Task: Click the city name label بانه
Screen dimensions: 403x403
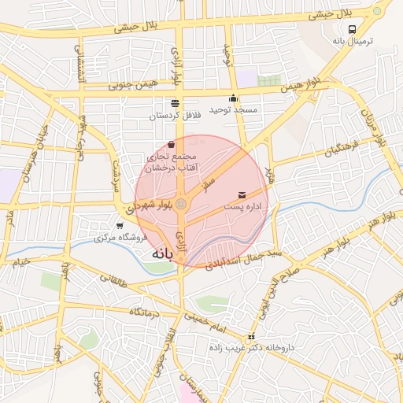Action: point(161,255)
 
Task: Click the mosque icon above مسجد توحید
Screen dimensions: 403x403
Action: point(233,98)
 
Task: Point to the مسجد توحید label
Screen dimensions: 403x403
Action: point(233,110)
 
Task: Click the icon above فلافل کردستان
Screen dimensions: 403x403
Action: point(175,103)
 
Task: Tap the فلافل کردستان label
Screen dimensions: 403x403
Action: point(176,116)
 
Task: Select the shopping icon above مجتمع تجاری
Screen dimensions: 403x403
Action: point(172,144)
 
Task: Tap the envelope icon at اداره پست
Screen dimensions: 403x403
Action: point(241,194)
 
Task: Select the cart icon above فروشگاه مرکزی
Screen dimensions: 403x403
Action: point(120,226)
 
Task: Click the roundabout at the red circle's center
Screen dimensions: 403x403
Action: point(182,205)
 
